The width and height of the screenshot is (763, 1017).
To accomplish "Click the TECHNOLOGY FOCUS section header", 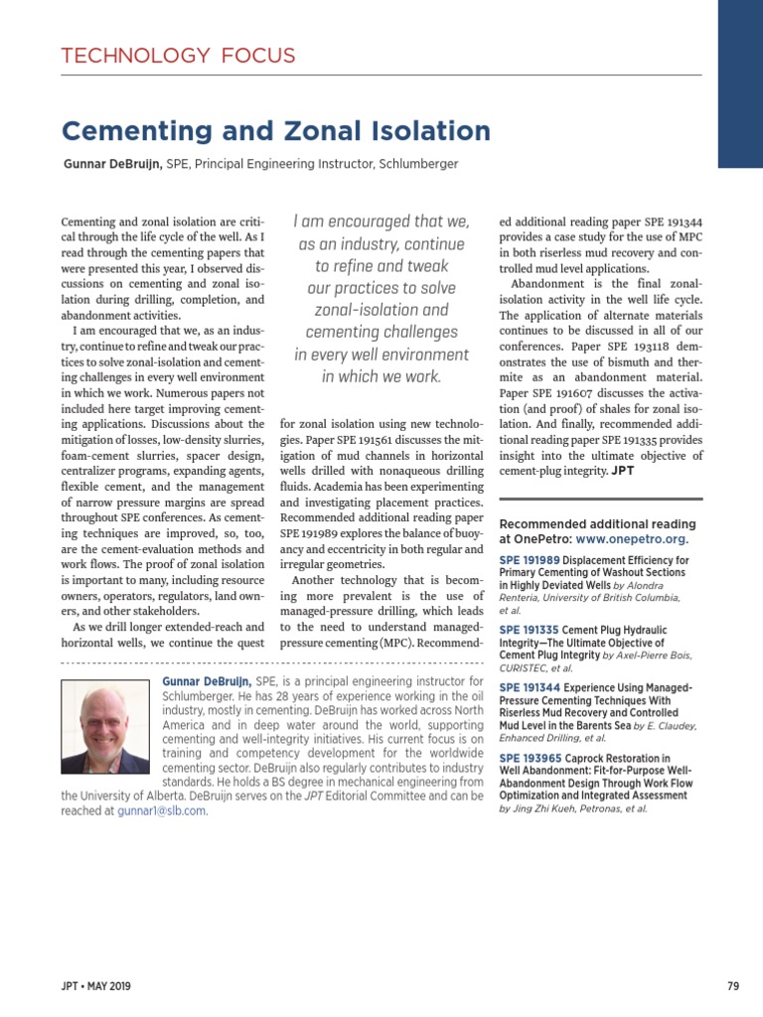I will coord(178,56).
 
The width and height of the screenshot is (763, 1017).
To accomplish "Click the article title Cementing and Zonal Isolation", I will coord(276,131).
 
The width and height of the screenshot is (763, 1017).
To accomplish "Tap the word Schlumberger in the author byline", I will coord(418,163).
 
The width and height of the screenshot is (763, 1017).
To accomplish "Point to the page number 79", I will coord(733,986).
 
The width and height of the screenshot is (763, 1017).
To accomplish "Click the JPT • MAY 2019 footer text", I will coord(95,986).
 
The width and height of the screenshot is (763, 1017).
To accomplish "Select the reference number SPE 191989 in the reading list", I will coord(529,560).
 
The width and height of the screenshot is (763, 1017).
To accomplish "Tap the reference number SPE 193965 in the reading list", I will coord(529,758).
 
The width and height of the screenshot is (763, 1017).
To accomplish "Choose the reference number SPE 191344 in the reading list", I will coord(529,687).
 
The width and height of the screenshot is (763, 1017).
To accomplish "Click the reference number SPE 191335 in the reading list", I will coord(529,630).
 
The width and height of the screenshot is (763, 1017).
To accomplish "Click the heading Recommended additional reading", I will coord(596,523).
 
